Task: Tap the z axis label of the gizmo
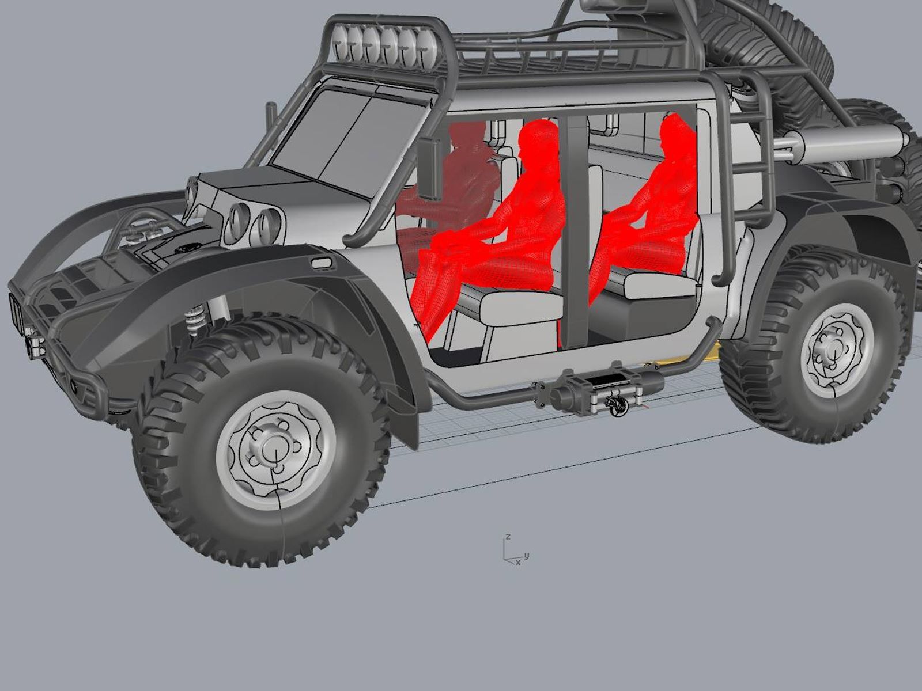[x=508, y=537]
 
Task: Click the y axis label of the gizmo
[x=527, y=556]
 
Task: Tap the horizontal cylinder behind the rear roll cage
[x=836, y=144]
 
